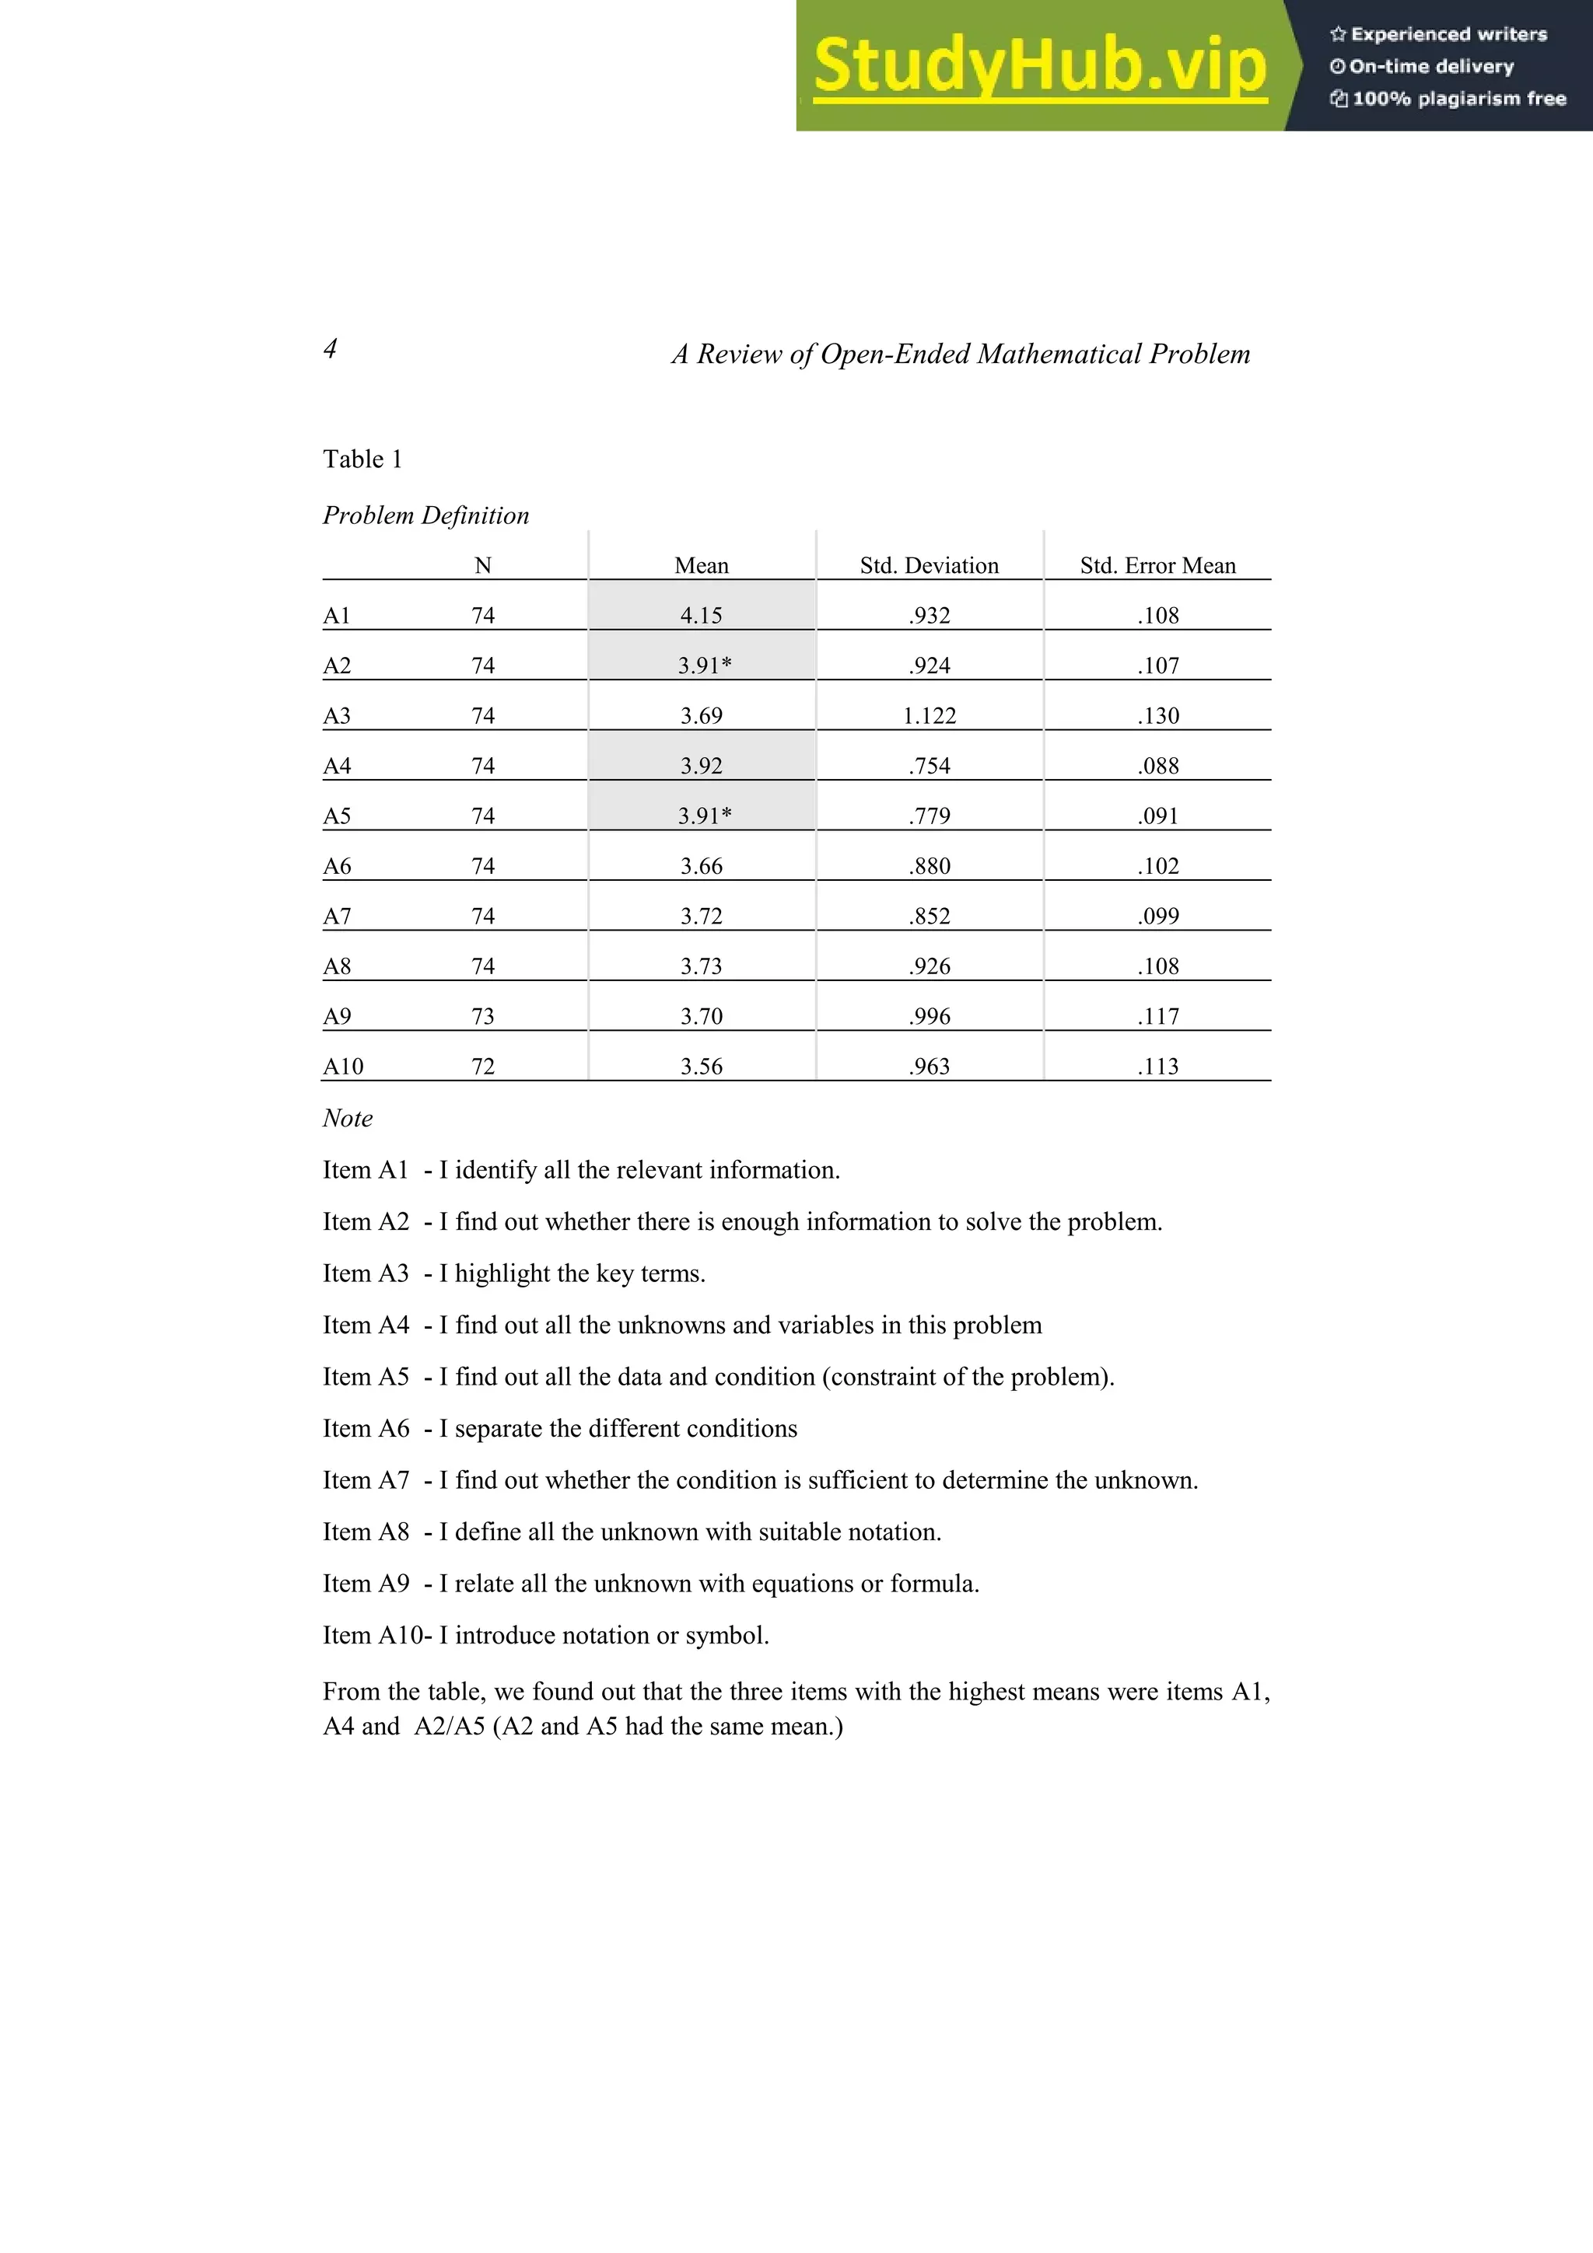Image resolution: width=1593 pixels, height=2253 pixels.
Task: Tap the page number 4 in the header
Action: coord(331,348)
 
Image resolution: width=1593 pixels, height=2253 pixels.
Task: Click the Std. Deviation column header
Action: coord(929,565)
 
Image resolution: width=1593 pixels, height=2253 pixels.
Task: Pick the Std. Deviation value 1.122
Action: coord(929,715)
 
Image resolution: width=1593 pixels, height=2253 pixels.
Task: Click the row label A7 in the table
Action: coord(337,916)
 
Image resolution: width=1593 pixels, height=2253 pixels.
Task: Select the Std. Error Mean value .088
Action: coord(1158,766)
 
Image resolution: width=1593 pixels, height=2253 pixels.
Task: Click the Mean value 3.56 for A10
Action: coord(701,1066)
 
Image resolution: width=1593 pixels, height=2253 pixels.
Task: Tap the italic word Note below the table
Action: coord(348,1118)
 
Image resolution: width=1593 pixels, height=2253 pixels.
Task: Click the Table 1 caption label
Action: coord(362,459)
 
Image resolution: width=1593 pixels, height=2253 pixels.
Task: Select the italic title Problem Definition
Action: coord(426,515)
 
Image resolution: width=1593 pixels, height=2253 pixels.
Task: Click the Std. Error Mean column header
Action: coord(1158,565)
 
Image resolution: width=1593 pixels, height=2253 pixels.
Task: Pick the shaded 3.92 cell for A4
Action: coord(701,766)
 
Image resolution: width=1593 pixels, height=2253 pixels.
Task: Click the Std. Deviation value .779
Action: coord(929,816)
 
